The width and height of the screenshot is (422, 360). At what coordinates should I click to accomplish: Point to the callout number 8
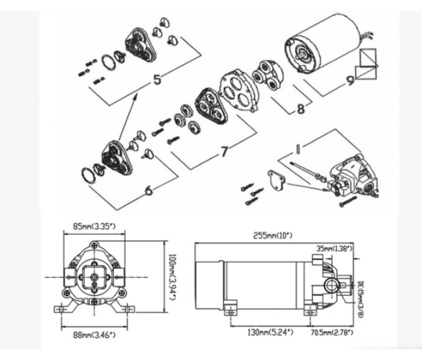tap(300, 109)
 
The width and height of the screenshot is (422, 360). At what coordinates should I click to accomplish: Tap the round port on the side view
tap(330, 282)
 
